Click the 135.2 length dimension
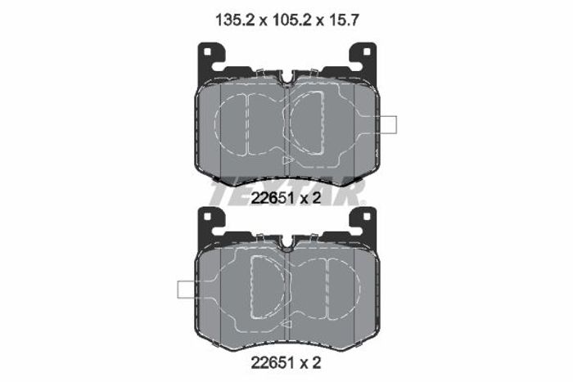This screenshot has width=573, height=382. coord(236,20)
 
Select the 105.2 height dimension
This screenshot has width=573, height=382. coord(291,20)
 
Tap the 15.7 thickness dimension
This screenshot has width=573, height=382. coord(343,20)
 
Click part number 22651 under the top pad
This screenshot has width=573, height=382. coord(273,198)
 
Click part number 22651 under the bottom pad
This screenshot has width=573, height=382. coord(273,362)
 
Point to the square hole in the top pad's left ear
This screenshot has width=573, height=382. coord(207,52)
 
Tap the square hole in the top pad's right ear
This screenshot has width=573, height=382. coord(367,52)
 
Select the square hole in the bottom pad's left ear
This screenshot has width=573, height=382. coord(207,216)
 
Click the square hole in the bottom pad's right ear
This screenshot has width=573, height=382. coord(367,216)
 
